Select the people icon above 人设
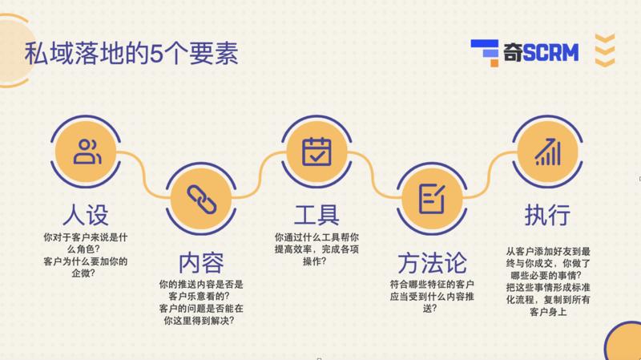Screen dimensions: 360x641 pos(85,151)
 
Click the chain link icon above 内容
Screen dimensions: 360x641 pos(200,196)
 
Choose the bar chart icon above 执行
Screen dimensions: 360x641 pos(548,151)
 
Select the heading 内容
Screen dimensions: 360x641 pos(200,263)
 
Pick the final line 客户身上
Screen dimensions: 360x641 pos(549,312)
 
